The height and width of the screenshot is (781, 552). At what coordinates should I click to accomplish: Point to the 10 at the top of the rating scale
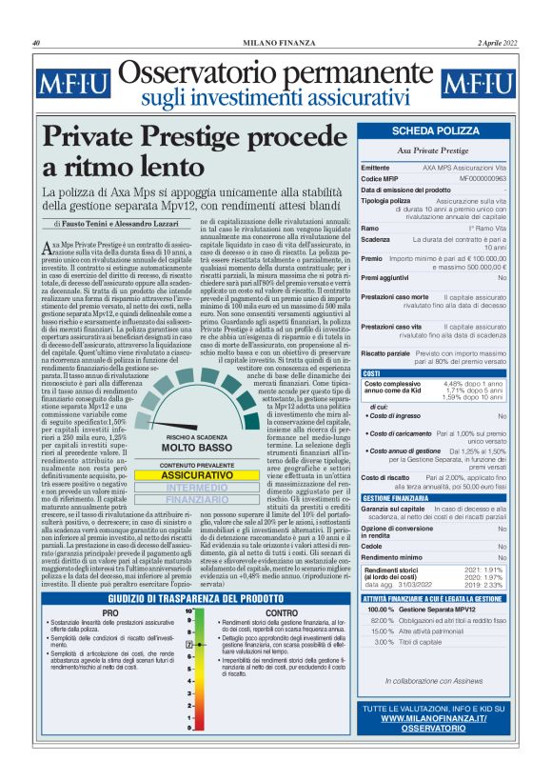pos(189,609)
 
